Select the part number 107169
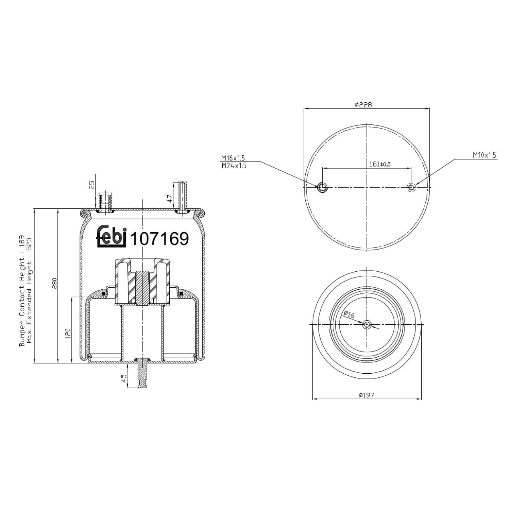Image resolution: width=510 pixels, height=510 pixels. [159, 239]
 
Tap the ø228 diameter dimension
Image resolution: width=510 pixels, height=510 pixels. [363, 105]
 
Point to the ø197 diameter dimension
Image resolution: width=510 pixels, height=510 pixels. [366, 395]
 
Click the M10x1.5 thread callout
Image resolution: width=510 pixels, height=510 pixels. [484, 155]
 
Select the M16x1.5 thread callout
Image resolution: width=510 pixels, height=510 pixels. [233, 158]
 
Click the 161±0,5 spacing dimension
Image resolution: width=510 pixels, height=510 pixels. [380, 164]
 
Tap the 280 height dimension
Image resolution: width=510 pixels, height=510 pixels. [54, 283]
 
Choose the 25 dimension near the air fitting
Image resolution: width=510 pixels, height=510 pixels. [91, 185]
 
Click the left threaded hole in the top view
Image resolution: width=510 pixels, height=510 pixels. [322, 187]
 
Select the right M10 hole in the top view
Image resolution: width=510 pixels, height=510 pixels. [411, 187]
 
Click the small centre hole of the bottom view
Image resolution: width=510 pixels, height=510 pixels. [367, 325]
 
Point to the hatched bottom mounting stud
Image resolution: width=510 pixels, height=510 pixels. [142, 373]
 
